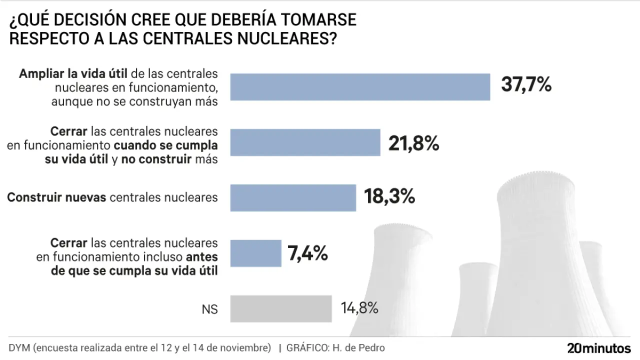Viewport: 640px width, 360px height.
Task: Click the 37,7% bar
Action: pyautogui.click(x=360, y=87)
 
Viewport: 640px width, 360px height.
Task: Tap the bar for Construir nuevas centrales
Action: pyautogui.click(x=293, y=197)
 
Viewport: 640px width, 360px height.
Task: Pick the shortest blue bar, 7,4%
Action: pyautogui.click(x=255, y=253)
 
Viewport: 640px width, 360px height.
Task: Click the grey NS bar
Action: pyautogui.click(x=281, y=308)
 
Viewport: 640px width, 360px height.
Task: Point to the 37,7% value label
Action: pyautogui.click(x=526, y=85)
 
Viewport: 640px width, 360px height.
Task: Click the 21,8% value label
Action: pyautogui.click(x=413, y=144)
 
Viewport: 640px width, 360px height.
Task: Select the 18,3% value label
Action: pyautogui.click(x=390, y=196)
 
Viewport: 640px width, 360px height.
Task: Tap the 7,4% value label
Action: pyautogui.click(x=307, y=253)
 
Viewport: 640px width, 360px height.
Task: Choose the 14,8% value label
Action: pyautogui.click(x=359, y=308)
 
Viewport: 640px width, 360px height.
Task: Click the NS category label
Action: pyautogui.click(x=210, y=309)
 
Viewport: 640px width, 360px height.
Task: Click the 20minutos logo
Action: pyautogui.click(x=599, y=348)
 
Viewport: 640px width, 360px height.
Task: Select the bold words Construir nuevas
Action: pyautogui.click(x=56, y=197)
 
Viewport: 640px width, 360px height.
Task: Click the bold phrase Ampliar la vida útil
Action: pyautogui.click(x=74, y=74)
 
